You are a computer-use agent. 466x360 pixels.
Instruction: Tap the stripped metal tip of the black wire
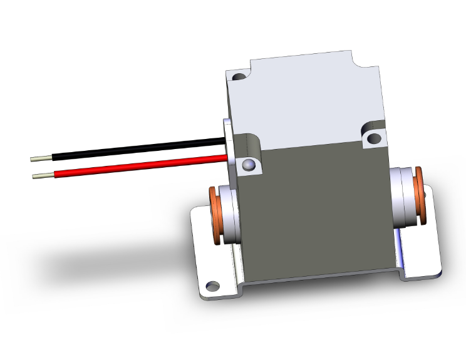(x=41, y=159)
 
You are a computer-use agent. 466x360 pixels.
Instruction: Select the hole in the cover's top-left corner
(x=239, y=78)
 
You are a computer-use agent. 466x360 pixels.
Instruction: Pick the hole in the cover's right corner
(x=374, y=137)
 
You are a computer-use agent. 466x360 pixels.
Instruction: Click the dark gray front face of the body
(x=313, y=213)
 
